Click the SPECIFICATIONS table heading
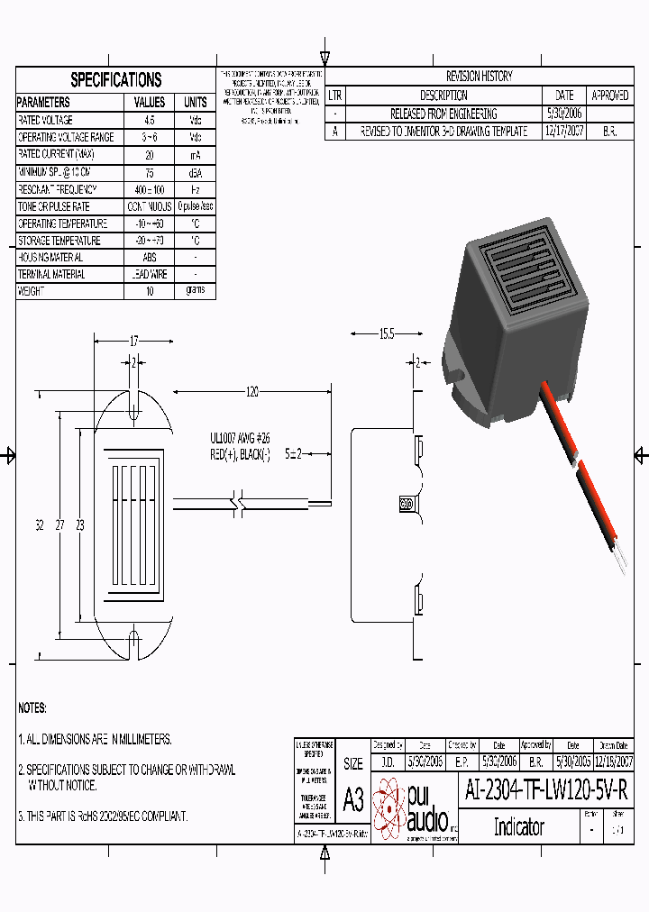115,79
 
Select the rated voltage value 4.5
150,120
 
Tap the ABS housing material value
150,257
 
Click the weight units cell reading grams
195,290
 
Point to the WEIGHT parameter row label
31,291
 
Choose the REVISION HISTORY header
479,77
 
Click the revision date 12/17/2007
564,131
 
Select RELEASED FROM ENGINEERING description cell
443,114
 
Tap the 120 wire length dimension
251,392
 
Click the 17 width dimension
133,342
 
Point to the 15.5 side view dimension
386,334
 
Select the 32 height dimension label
40,525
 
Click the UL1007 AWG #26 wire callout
240,438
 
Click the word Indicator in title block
518,826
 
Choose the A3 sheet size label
353,799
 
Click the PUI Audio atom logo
389,807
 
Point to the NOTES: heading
32,708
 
